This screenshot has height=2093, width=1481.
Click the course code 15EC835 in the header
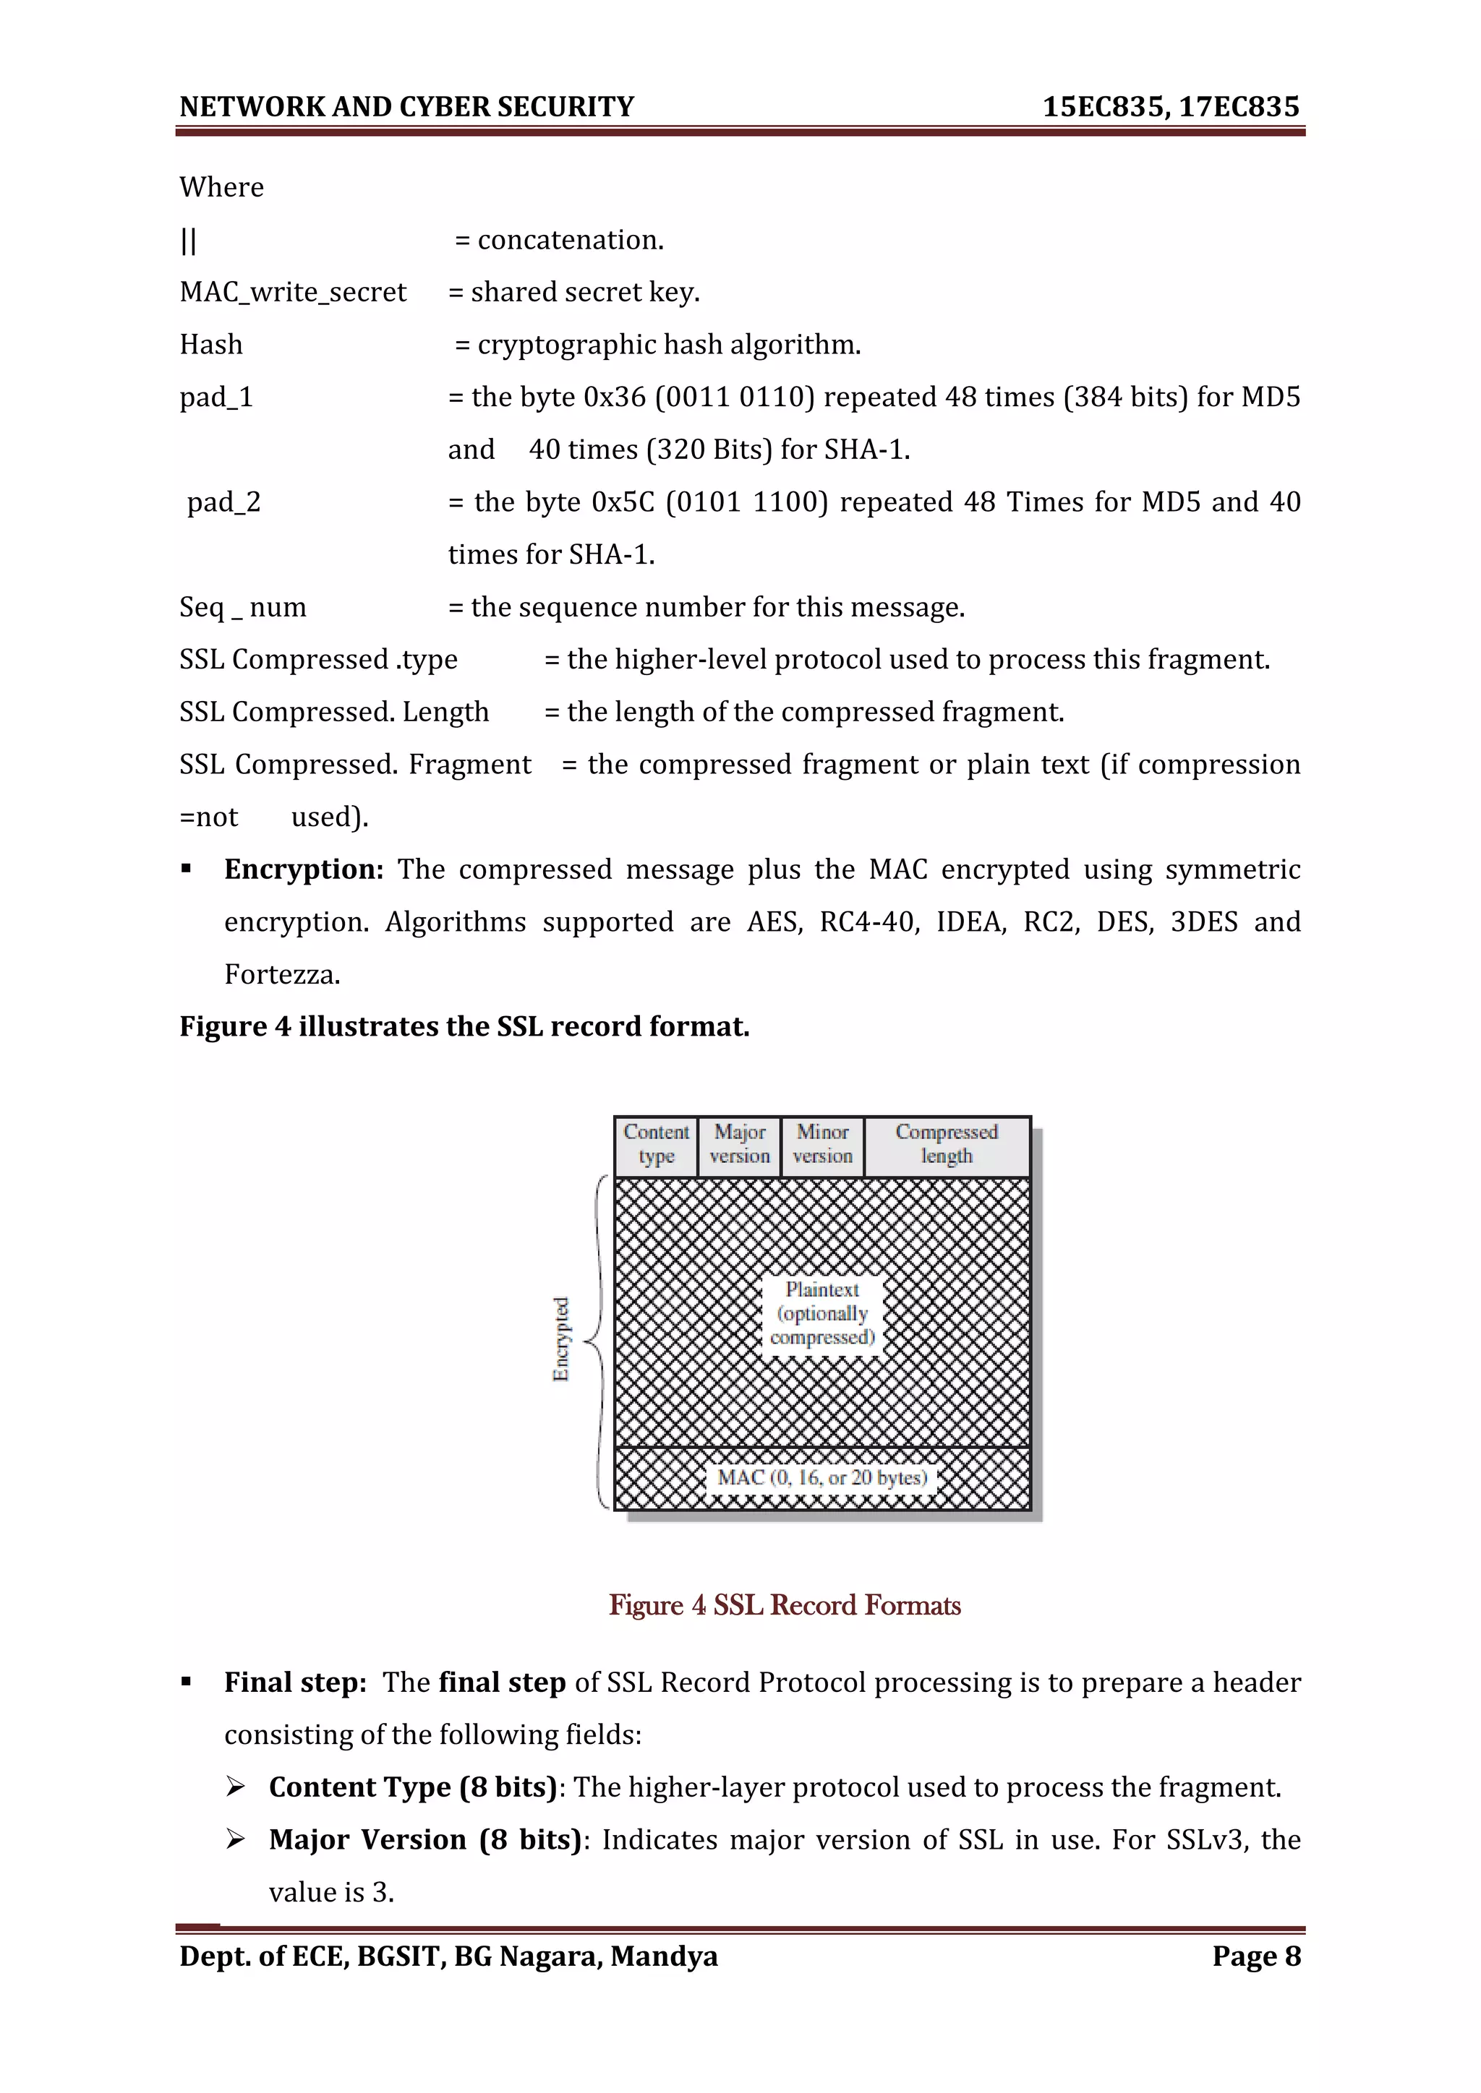(x=1104, y=107)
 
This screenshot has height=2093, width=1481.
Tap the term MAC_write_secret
(x=293, y=292)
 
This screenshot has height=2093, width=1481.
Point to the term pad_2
(x=223, y=502)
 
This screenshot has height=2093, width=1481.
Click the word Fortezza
(x=282, y=974)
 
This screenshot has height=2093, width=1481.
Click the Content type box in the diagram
(x=656, y=1144)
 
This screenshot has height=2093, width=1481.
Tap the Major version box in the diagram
(x=740, y=1144)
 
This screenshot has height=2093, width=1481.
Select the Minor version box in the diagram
(x=822, y=1144)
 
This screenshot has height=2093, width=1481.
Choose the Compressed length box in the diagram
(x=947, y=1144)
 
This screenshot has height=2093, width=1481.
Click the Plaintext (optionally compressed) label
(x=822, y=1312)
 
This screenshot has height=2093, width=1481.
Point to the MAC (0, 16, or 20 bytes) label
(x=821, y=1477)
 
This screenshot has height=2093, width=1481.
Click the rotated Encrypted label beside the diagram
(x=561, y=1338)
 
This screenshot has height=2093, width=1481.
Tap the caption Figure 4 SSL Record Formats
(x=785, y=1604)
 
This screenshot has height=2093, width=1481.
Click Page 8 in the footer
(x=1256, y=1956)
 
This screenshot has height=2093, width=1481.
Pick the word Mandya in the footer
(x=664, y=1956)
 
